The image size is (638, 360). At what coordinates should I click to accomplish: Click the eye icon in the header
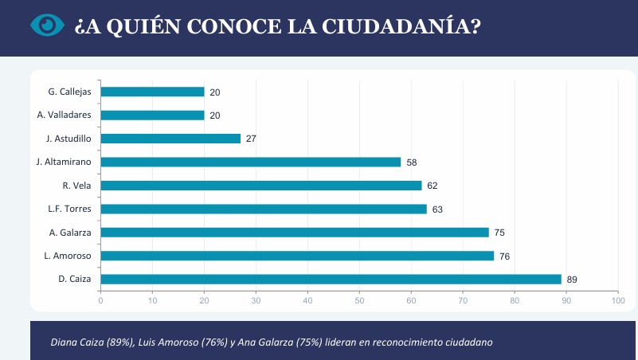coord(47,25)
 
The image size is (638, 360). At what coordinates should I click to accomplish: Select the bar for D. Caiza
coord(331,280)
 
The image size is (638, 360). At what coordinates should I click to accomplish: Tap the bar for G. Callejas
coord(152,92)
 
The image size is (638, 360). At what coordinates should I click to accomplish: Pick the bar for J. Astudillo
coord(170,139)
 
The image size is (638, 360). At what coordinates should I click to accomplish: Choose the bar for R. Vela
coord(260,186)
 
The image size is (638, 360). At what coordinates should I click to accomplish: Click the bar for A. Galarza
coord(295,233)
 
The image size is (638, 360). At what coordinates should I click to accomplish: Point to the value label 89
coord(572,280)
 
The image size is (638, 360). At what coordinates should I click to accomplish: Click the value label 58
coord(412,162)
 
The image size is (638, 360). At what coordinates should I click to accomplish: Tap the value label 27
coord(251,139)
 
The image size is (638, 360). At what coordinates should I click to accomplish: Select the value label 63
coord(437,209)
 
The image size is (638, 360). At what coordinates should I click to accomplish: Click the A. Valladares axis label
coord(65,115)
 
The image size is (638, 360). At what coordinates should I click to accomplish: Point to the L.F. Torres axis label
coord(70,209)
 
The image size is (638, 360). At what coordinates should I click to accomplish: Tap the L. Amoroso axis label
coord(68,256)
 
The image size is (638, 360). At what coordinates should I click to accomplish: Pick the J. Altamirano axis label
coord(64,162)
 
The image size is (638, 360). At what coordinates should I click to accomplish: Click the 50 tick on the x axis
coord(359,300)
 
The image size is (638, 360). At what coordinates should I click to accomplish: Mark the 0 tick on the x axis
coord(100,300)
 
